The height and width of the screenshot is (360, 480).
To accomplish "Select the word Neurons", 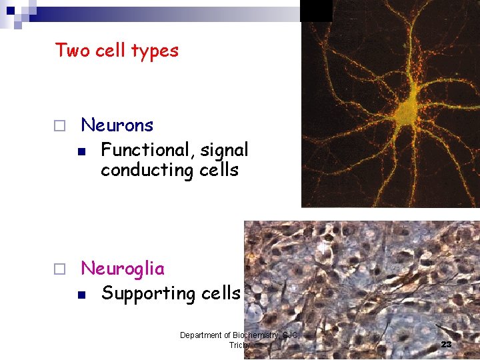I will [117, 125].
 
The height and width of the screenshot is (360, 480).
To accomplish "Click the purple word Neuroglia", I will [122, 269].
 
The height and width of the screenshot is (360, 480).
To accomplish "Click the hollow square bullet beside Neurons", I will [59, 125].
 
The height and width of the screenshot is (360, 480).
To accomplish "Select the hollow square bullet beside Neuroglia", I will [59, 269].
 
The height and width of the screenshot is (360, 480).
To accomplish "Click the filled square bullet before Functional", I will [81, 151].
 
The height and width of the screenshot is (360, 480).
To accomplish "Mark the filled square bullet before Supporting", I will [81, 294].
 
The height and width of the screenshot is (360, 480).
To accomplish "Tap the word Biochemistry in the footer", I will [255, 335].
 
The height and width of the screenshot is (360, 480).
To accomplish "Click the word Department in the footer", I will [201, 335].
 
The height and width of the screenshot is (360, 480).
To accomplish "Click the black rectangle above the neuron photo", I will [316, 11].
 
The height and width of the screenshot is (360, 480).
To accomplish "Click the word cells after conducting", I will [219, 171].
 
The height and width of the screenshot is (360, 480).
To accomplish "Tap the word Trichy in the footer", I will [239, 345].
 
